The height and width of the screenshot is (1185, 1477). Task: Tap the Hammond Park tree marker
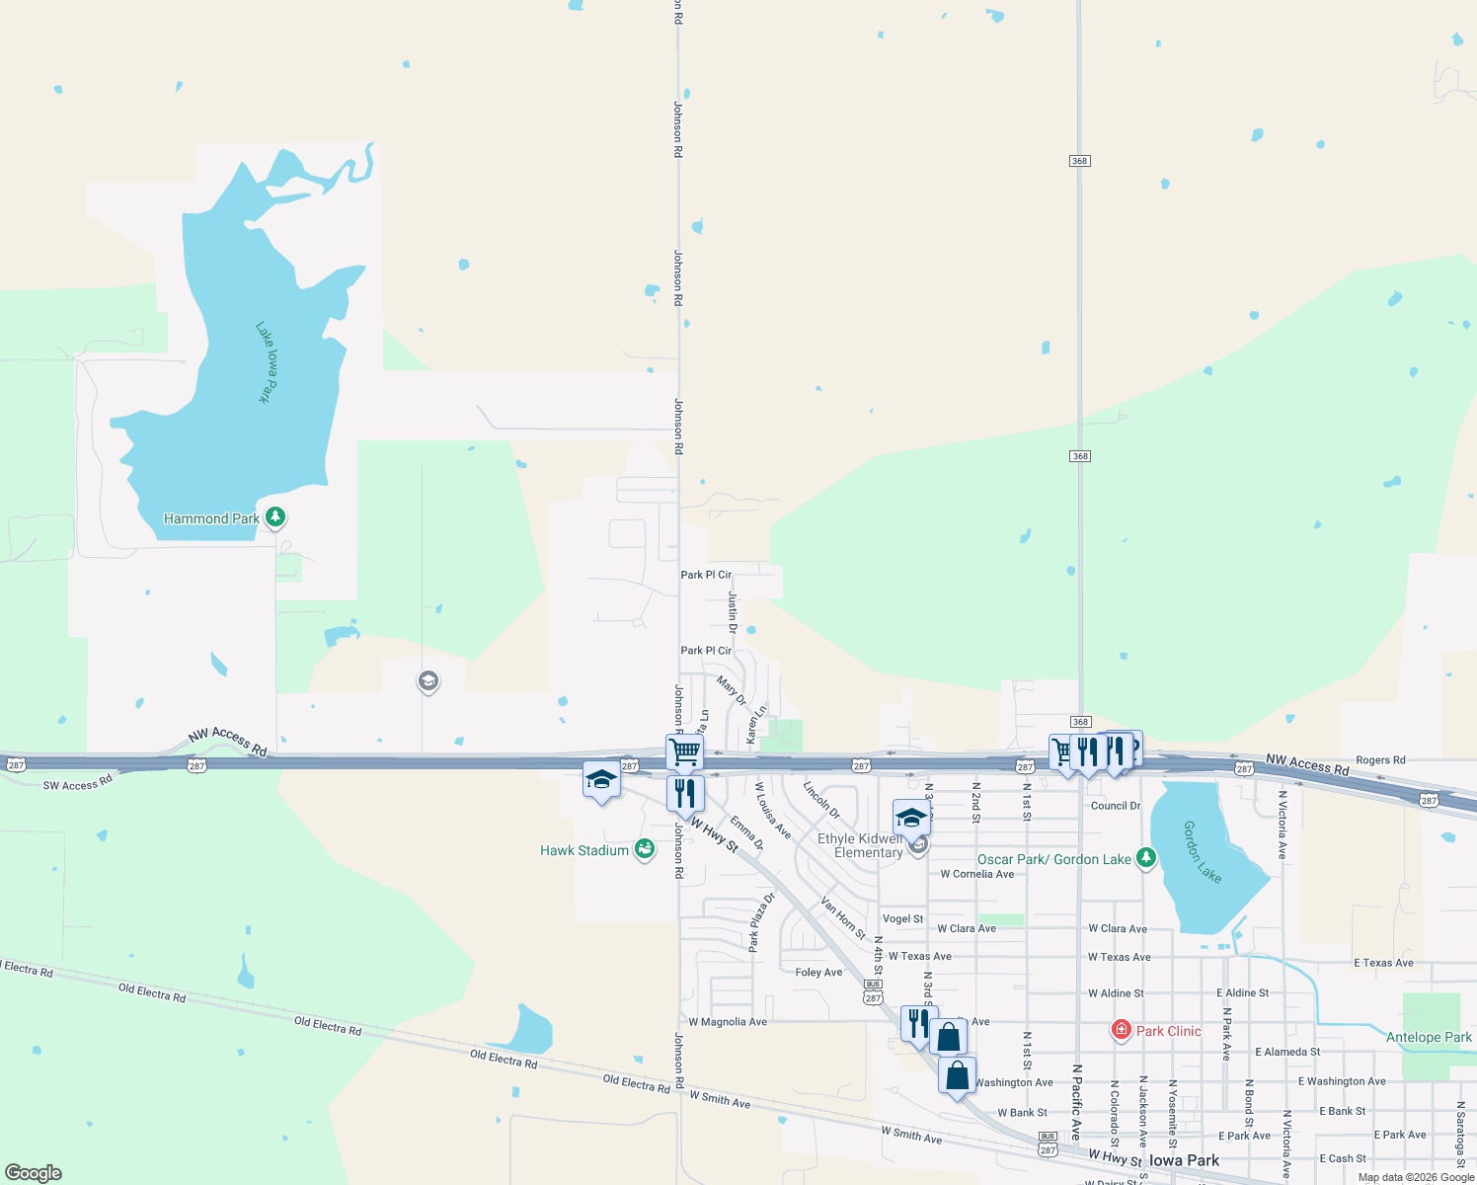pyautogui.click(x=276, y=516)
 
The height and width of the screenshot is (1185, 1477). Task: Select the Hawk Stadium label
pyautogui.click(x=584, y=850)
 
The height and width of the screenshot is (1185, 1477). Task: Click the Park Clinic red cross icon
pyautogui.click(x=1121, y=1030)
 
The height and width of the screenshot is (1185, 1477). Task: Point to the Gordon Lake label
pyautogui.click(x=1203, y=852)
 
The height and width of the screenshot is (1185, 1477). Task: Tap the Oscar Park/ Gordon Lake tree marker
pyautogui.click(x=1146, y=857)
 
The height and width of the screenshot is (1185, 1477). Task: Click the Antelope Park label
pyautogui.click(x=1429, y=1037)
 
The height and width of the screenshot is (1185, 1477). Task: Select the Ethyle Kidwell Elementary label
pyautogui.click(x=860, y=845)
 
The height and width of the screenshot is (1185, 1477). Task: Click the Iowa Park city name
pyautogui.click(x=1184, y=1160)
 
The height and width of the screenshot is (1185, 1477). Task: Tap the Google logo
pyautogui.click(x=34, y=1173)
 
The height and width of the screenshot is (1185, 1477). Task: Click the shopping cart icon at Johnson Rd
pyautogui.click(x=684, y=751)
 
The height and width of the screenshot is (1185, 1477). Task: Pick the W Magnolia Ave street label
pyautogui.click(x=728, y=1022)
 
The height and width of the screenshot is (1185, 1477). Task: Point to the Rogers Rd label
pyautogui.click(x=1380, y=760)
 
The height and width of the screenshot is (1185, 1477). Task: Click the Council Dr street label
pyautogui.click(x=1116, y=806)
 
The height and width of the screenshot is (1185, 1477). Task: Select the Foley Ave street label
pyautogui.click(x=818, y=973)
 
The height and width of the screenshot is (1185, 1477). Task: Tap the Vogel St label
pyautogui.click(x=902, y=918)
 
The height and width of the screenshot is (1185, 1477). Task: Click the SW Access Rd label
pyautogui.click(x=78, y=785)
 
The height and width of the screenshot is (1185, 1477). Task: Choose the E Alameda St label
pyautogui.click(x=1287, y=1052)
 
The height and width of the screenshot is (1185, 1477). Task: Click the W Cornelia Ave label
pyautogui.click(x=976, y=874)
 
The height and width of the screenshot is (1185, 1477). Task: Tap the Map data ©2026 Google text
pyautogui.click(x=1415, y=1177)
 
